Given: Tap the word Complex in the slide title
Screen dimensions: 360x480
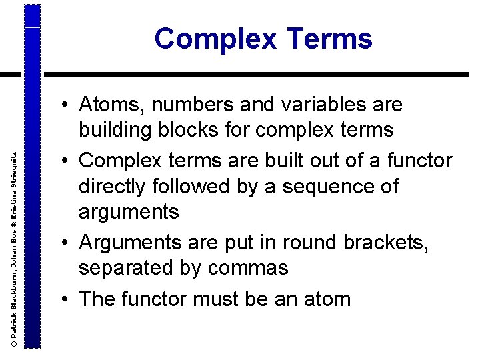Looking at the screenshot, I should tap(215, 39).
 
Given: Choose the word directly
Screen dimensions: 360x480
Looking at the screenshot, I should tap(115, 186).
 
